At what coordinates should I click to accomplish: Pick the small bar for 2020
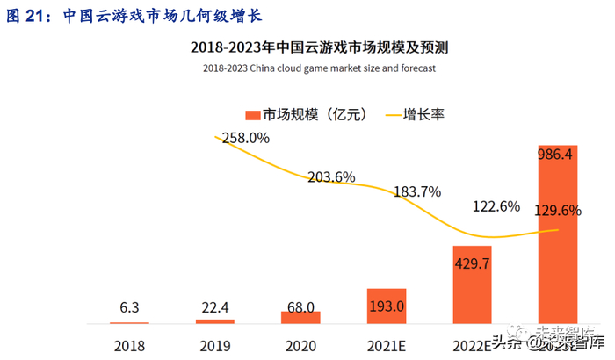[301, 317]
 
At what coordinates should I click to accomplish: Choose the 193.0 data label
[387, 306]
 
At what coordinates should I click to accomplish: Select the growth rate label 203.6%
[331, 177]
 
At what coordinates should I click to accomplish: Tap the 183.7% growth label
[417, 191]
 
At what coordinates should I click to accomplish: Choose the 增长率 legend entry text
[424, 114]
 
